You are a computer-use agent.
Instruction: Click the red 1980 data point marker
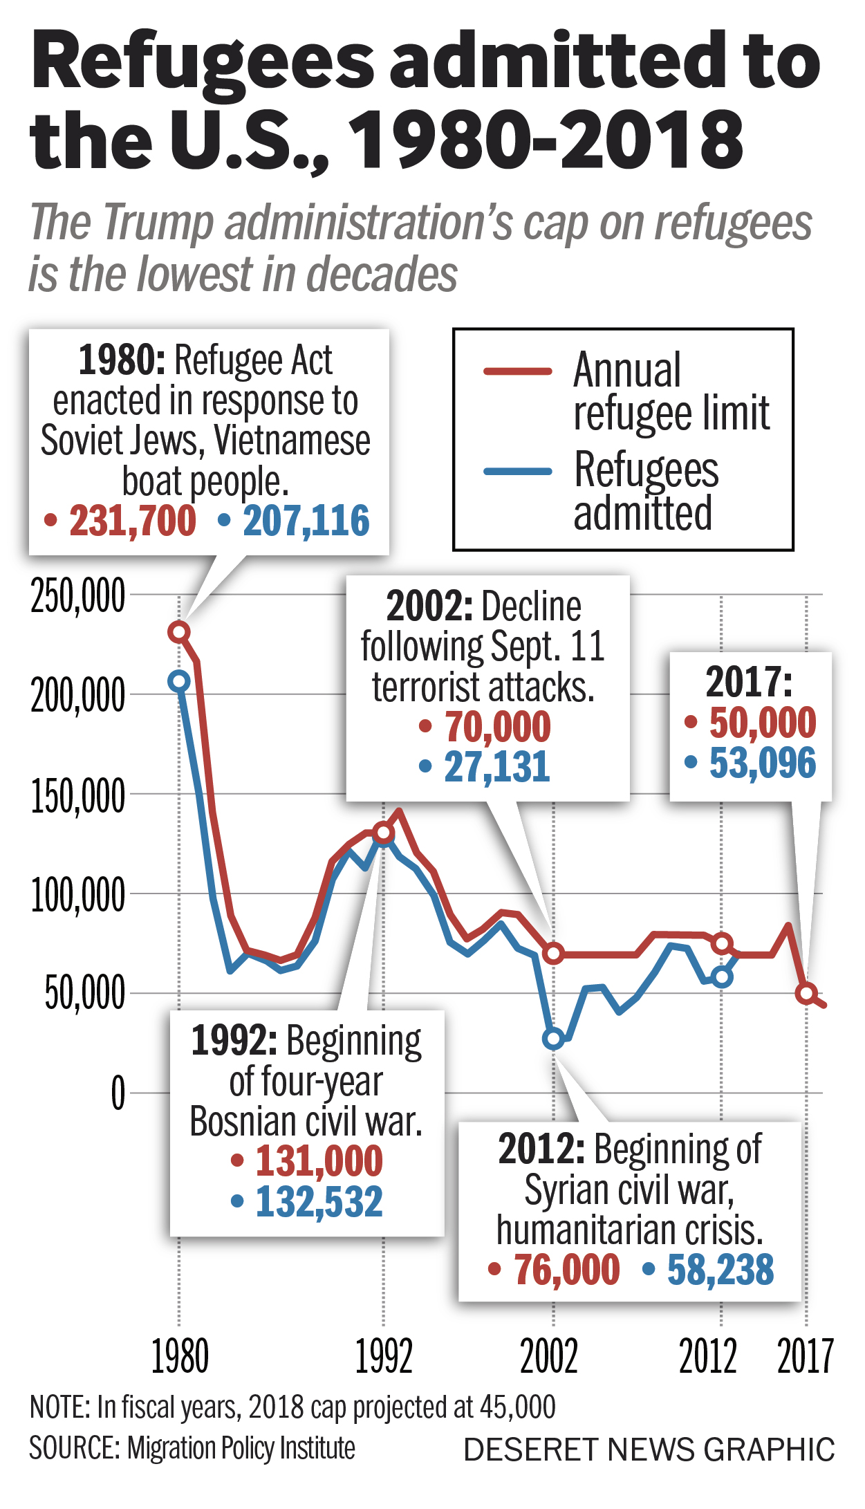179,631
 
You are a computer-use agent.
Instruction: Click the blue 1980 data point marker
179,681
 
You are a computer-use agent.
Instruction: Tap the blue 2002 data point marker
553,1038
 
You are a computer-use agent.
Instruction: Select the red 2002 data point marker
553,954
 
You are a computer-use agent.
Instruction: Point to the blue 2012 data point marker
722,976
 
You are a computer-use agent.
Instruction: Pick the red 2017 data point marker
806,993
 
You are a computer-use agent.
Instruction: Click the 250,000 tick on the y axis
77,595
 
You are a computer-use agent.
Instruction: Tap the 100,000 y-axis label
77,895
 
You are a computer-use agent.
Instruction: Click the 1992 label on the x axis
384,1356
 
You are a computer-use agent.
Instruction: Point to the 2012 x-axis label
707,1356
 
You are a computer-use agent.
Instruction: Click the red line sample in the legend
518,371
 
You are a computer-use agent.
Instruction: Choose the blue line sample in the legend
518,472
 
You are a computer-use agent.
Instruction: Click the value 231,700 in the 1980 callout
132,521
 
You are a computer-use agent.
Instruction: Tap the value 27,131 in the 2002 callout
496,766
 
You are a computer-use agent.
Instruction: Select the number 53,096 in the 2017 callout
762,763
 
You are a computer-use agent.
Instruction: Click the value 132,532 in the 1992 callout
319,1201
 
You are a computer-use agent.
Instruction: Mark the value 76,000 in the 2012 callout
566,1269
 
